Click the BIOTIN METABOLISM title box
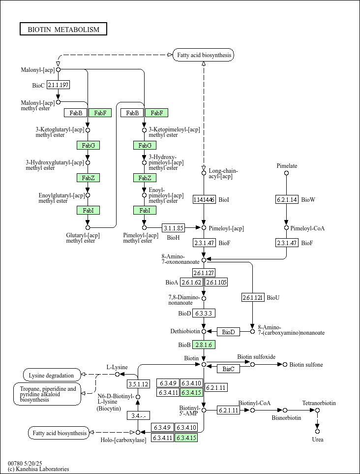(63, 30)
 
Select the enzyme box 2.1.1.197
(58, 85)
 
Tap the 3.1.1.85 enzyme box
(174, 228)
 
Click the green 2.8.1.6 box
(204, 345)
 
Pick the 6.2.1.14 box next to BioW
(287, 199)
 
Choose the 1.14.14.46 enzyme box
(204, 199)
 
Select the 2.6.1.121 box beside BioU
(253, 297)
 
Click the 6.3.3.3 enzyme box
(204, 313)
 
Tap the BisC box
(228, 369)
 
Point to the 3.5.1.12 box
(138, 384)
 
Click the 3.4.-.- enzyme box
(138, 415)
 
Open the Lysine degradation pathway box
(52, 376)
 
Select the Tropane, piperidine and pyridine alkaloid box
(47, 394)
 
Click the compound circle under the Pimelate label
(287, 173)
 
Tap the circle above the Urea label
(318, 432)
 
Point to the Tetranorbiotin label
(319, 403)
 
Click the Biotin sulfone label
(306, 365)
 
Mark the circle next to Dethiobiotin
(204, 332)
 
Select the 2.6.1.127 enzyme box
(204, 273)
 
